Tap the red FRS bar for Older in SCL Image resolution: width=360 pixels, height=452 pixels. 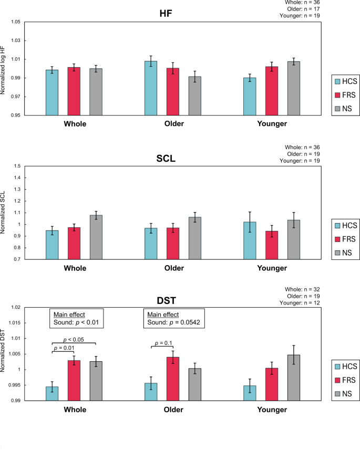pos(173,243)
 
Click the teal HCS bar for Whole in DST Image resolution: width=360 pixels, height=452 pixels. pos(52,393)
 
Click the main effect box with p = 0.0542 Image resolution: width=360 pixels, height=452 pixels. pos(173,318)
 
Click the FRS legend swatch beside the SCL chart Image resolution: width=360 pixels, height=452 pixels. pos(338,239)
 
